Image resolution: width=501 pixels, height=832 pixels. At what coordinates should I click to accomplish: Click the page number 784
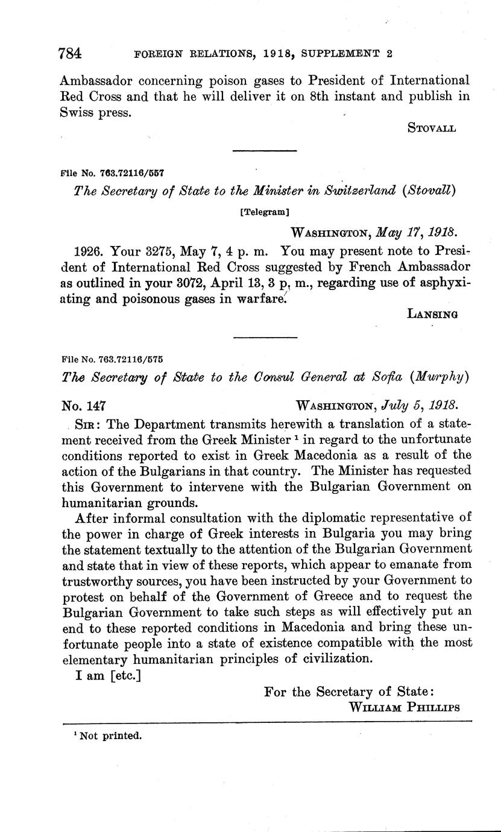click(71, 53)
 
